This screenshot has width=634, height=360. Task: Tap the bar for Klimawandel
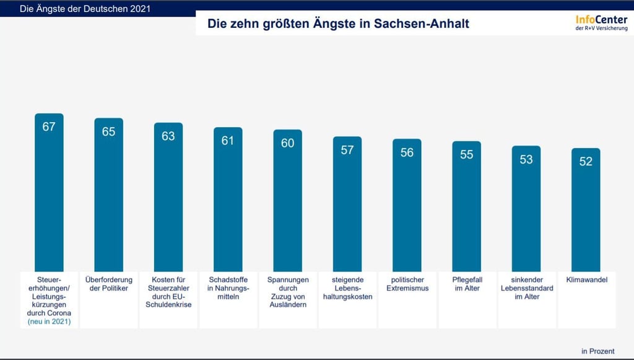pyautogui.click(x=586, y=211)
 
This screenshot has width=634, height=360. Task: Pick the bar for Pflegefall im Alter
pyautogui.click(x=466, y=208)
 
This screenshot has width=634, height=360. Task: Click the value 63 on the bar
pyautogui.click(x=168, y=136)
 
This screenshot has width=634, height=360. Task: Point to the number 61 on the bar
pyautogui.click(x=228, y=141)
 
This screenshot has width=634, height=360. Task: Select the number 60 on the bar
pyautogui.click(x=287, y=143)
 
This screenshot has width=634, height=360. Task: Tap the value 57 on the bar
pyautogui.click(x=347, y=150)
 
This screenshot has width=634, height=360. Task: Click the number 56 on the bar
pyautogui.click(x=407, y=152)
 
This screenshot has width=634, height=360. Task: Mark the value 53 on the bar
pyautogui.click(x=526, y=159)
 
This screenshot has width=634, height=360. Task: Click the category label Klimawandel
pyautogui.click(x=586, y=280)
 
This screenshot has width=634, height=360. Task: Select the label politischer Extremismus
pyautogui.click(x=407, y=284)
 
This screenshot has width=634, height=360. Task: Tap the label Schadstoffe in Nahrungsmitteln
pyautogui.click(x=228, y=288)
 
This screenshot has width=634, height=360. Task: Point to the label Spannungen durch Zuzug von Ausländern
pyautogui.click(x=287, y=292)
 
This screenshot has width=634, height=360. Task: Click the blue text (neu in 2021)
pyautogui.click(x=49, y=322)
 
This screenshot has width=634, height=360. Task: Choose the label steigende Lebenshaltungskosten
pyautogui.click(x=347, y=288)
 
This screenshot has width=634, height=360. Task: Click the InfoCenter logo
pyautogui.click(x=601, y=24)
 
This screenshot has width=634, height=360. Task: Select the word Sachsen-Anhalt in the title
pyautogui.click(x=422, y=24)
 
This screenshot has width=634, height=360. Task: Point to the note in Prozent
pyautogui.click(x=597, y=351)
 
